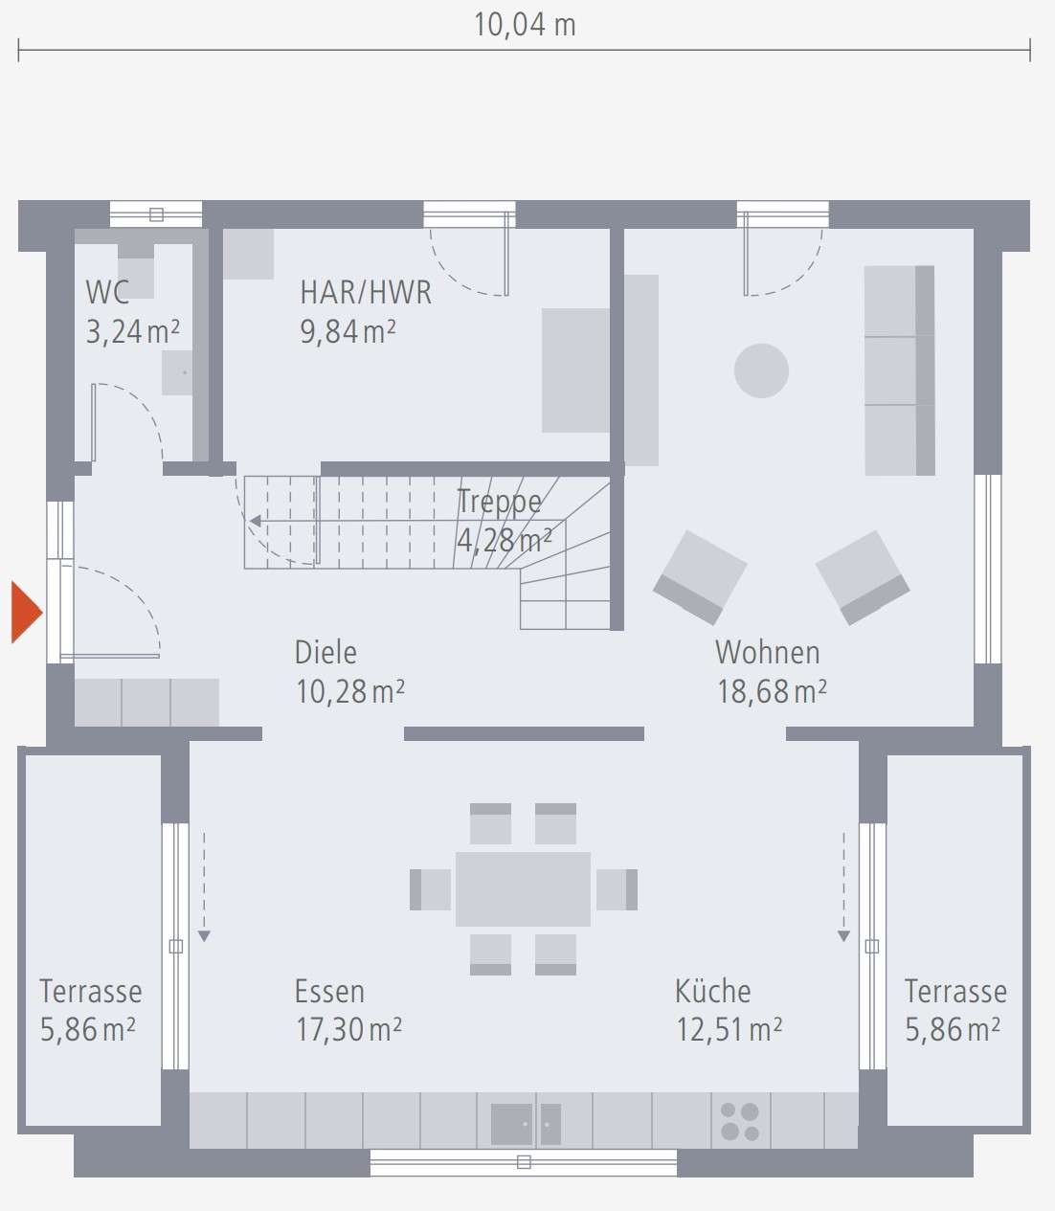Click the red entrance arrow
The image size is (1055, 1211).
[x=26, y=612]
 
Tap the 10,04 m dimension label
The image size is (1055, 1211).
[x=525, y=25]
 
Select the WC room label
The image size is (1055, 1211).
[x=107, y=292]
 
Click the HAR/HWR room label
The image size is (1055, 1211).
[x=366, y=292]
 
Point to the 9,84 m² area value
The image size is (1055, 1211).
[x=348, y=331]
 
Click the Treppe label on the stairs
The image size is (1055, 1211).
[x=499, y=501]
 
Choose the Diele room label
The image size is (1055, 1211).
[x=325, y=652]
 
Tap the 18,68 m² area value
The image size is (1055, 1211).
[x=772, y=691]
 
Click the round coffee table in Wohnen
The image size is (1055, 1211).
[x=761, y=370]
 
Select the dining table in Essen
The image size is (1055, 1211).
[x=523, y=889]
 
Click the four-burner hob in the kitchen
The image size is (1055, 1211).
[x=740, y=1121]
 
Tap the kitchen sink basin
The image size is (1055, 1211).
[x=511, y=1124]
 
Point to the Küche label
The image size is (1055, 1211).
[x=712, y=991]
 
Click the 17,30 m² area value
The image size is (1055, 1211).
[x=348, y=1030]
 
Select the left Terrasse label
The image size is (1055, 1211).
[x=91, y=991]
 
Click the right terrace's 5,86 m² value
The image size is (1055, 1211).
[x=953, y=1030]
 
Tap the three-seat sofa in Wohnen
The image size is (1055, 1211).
[x=899, y=370]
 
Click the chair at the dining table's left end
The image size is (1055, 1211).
[x=430, y=889]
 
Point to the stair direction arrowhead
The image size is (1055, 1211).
[x=256, y=522]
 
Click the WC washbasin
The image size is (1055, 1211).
[x=177, y=372]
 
